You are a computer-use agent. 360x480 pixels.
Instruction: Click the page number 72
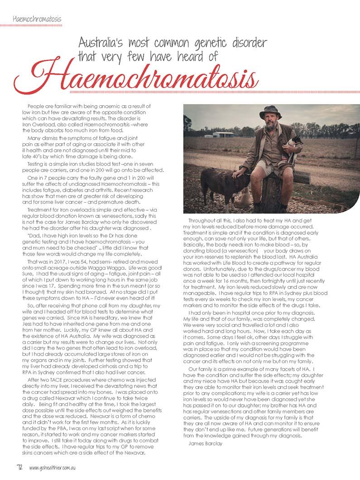point(19,467)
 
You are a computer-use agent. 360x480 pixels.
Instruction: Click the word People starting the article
point(36,106)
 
